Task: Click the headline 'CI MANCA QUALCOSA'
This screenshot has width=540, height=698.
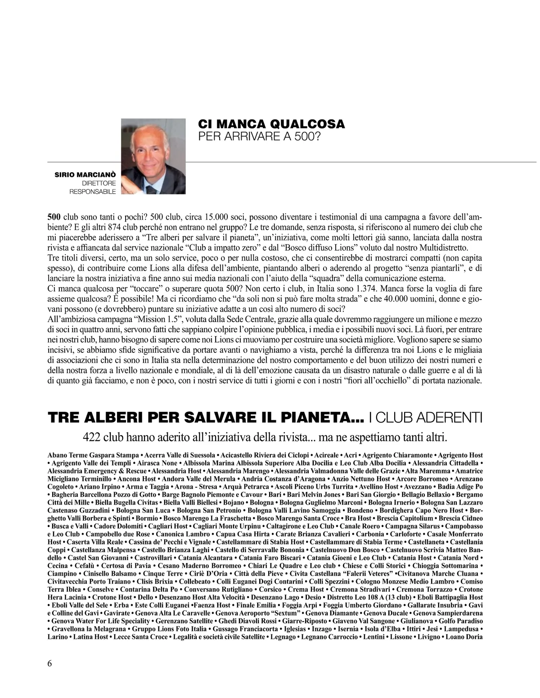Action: pyautogui.click(x=271, y=124)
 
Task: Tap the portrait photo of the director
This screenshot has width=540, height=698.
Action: pyautogui.click(x=153, y=156)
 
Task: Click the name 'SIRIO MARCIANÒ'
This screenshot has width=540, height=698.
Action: pyautogui.click(x=85, y=174)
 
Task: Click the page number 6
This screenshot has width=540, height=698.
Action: pyautogui.click(x=49, y=663)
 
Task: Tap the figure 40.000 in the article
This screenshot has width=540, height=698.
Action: pyautogui.click(x=390, y=299)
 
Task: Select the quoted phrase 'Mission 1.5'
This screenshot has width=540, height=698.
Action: pyautogui.click(x=153, y=320)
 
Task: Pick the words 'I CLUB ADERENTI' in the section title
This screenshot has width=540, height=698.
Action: pyautogui.click(x=425, y=417)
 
